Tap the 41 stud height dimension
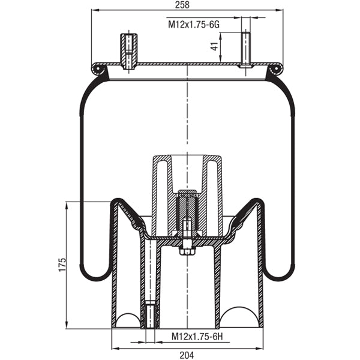click(214, 47)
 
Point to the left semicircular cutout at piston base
click(127, 319)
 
